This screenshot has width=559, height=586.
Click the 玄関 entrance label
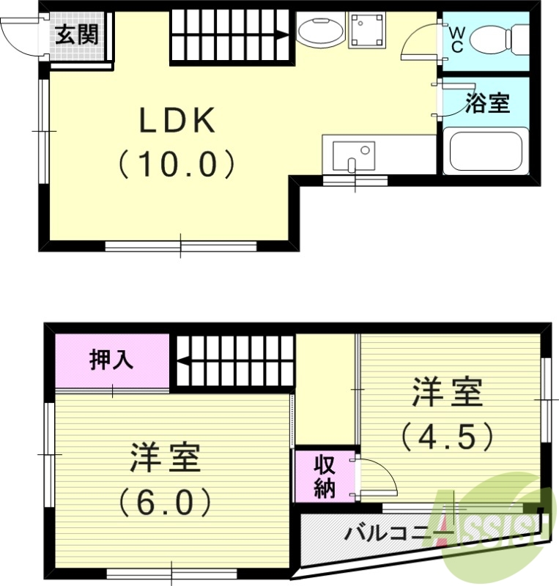(x=76, y=34)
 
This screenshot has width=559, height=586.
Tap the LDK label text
(x=178, y=122)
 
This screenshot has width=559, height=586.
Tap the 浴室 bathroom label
(x=487, y=103)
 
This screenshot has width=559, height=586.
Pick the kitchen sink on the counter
(x=352, y=155)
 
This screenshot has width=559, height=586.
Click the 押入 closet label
(x=111, y=360)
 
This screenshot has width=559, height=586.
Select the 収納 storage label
(x=325, y=476)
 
